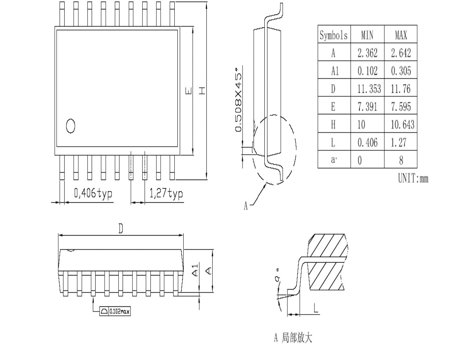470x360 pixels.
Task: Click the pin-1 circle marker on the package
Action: [x=70, y=126]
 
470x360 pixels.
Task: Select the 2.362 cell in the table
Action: [x=367, y=53]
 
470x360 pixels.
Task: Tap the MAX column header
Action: [x=401, y=35]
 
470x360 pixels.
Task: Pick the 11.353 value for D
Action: [x=369, y=88]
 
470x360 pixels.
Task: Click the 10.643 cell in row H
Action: [x=402, y=124]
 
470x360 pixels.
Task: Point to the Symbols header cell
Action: [x=334, y=35]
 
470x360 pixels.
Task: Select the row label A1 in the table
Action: [x=335, y=71]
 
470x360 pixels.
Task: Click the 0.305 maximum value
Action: [x=401, y=71]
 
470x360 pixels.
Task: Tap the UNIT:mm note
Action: [x=413, y=178]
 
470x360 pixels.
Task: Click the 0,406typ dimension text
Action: [x=93, y=193]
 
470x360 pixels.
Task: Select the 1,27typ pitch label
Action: [x=166, y=193]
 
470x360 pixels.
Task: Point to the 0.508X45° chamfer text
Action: [x=238, y=99]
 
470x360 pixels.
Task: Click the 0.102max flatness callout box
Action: [x=115, y=311]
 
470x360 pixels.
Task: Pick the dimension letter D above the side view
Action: [x=121, y=229]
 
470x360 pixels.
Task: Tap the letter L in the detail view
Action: [x=316, y=308]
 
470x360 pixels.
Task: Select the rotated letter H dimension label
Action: [x=202, y=91]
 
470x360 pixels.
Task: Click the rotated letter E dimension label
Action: [x=189, y=91]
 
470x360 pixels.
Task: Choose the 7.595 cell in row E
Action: [x=401, y=107]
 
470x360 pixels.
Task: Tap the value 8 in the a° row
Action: [x=401, y=160]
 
